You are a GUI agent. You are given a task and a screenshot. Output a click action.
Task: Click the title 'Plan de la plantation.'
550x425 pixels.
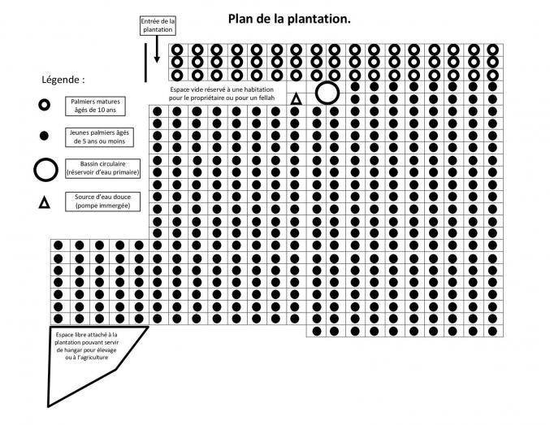289,19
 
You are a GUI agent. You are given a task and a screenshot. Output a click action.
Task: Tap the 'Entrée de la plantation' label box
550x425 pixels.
158,26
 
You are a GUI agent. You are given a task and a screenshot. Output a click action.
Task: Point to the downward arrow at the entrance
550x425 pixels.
157,49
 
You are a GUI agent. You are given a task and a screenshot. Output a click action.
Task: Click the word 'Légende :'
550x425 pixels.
63,80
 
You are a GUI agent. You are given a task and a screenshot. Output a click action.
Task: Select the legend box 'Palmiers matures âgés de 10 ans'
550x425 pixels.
95,106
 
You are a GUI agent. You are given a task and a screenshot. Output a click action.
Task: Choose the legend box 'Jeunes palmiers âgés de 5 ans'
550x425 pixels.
99,137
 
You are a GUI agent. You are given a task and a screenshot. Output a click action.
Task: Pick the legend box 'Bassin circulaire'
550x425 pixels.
103,168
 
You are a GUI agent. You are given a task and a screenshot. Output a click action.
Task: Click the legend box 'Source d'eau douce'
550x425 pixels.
103,202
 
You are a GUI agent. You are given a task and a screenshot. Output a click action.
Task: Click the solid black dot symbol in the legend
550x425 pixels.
44,136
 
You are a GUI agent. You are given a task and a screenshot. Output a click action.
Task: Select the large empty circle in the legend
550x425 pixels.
45,160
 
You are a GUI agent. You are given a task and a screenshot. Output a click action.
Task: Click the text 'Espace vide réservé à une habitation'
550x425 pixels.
222,89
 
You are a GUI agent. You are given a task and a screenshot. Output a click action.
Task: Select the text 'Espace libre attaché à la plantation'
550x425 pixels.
86,338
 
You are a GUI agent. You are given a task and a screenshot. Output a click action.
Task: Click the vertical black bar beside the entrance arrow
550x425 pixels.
145,63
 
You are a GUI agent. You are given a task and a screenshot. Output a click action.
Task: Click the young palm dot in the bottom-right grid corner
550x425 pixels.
492,331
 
